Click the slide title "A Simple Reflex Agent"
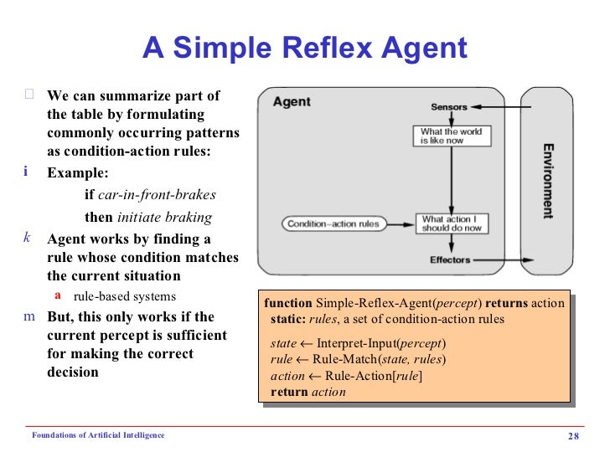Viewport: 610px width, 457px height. [305, 48]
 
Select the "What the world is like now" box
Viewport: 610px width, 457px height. [451, 136]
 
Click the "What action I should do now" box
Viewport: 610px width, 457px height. [452, 223]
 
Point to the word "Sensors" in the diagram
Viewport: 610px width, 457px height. [449, 107]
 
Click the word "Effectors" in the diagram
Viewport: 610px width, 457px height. [450, 260]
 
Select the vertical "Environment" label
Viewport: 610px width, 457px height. [547, 181]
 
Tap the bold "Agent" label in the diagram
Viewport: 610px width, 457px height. [292, 102]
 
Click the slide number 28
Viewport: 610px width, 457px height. [574, 435]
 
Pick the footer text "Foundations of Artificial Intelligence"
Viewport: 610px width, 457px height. [98, 435]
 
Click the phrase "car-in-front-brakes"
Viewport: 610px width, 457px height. [157, 195]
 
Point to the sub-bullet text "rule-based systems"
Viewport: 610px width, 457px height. [125, 296]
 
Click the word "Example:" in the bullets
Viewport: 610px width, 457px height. [78, 174]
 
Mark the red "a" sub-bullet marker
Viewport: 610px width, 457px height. [58, 295]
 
